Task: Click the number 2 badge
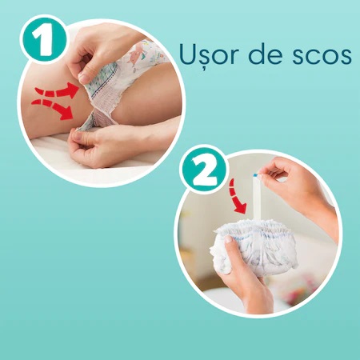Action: coord(206,169)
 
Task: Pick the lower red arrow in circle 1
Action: coord(53,108)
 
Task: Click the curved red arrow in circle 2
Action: coord(237,197)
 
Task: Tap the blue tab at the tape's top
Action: coord(255,175)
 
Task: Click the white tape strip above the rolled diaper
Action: coord(257,198)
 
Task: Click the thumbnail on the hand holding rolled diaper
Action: coord(228,239)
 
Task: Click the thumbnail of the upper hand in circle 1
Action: coord(84,78)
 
